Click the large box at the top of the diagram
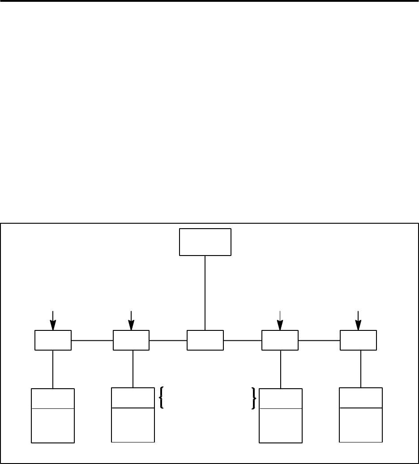(x=205, y=242)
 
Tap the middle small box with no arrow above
(x=205, y=340)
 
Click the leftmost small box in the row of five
(x=53, y=340)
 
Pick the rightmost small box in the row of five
(x=358, y=340)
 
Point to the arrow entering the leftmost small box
(x=53, y=320)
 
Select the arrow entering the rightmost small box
(x=358, y=320)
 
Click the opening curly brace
(x=161, y=398)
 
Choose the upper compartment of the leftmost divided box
(x=53, y=399)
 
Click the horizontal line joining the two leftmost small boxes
(x=92, y=340)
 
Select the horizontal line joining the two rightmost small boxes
(x=319, y=340)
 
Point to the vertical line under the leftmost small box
(x=53, y=369)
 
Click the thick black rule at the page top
(x=209, y=1)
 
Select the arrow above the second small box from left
(x=131, y=320)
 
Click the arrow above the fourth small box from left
(x=280, y=320)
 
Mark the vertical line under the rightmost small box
(x=361, y=369)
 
